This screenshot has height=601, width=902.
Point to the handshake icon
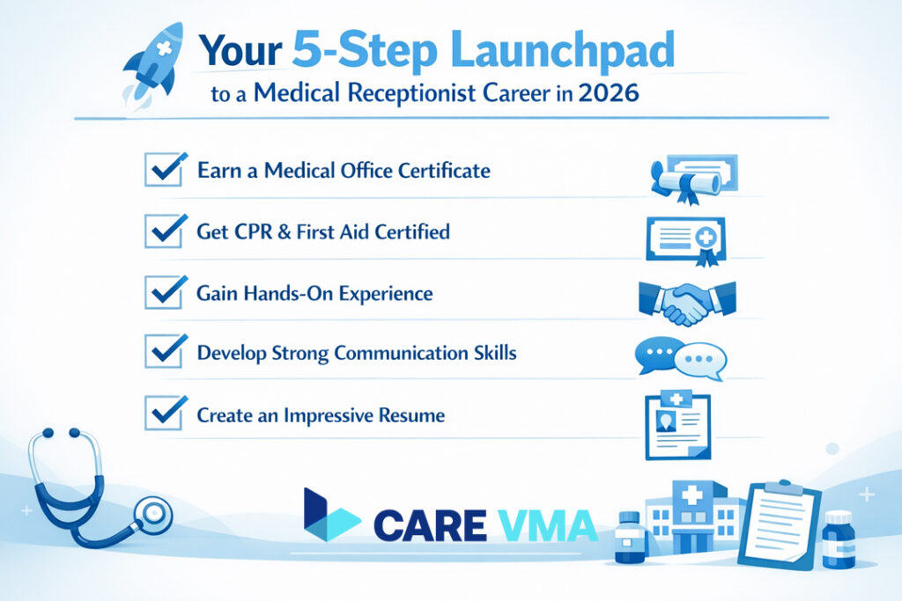685,300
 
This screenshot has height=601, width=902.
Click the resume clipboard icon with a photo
676,425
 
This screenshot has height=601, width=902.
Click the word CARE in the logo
429,525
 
